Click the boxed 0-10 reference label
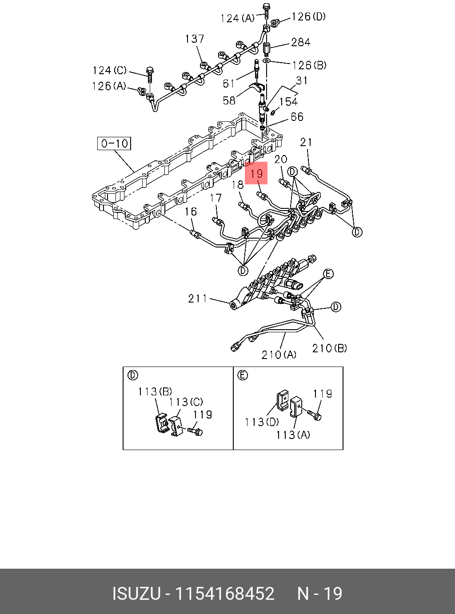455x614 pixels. pos(114,144)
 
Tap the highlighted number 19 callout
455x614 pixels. pos(256,173)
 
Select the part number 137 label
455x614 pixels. pos(195,39)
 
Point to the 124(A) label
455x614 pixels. pos(238,18)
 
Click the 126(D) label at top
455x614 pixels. pos(309,17)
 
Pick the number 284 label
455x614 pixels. pos(301,42)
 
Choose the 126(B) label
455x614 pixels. pos(309,65)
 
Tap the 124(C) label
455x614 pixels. pos(110,71)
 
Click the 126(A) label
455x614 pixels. pos(109,86)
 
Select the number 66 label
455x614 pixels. pos(297,117)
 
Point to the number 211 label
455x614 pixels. pos(198,299)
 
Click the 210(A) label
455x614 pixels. pos(279,355)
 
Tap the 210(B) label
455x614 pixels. pos(330,348)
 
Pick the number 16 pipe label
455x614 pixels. pos(191,211)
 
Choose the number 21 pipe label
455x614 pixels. pos(306,142)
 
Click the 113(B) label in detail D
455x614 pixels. pos(155,392)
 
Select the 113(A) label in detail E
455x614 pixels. pos(293,435)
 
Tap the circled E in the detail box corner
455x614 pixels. pos(243,375)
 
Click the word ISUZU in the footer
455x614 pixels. pos(136,594)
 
